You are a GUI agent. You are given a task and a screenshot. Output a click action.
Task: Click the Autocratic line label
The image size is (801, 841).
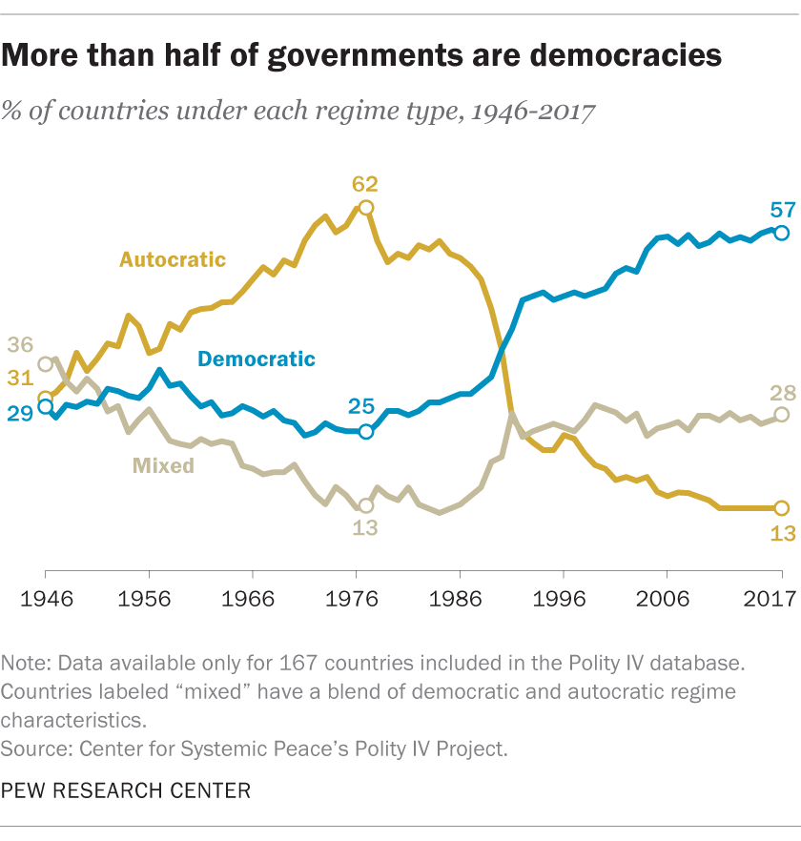point(173,259)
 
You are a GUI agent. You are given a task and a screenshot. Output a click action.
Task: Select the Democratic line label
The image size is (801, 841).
point(256,359)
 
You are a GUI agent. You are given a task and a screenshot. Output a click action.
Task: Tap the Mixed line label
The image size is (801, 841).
point(163,465)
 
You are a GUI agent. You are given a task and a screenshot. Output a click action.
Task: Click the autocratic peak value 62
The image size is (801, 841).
point(365,184)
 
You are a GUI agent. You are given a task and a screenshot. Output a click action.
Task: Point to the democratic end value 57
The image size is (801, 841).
point(781,209)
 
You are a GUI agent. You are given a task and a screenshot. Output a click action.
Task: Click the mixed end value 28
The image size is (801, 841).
point(781,392)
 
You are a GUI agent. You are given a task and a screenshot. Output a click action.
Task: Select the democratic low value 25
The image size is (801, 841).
point(360,407)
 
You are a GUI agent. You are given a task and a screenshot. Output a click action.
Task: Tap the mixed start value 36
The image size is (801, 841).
point(21,345)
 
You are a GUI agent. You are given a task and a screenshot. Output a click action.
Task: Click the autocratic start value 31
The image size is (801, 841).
point(21,379)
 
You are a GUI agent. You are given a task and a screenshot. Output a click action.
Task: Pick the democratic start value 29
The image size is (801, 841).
point(21,413)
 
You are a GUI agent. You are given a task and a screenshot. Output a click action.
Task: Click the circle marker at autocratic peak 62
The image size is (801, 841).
point(365,207)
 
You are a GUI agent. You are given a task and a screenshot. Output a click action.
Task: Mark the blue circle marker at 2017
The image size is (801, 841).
point(782,233)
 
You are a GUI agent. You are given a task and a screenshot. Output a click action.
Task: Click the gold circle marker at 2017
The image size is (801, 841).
point(782,508)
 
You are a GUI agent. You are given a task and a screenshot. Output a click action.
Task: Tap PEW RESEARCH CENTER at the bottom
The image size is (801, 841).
point(127,790)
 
